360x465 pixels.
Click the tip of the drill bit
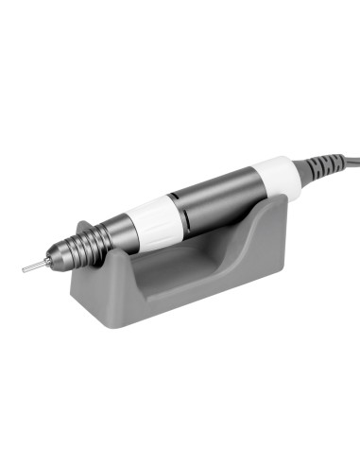pyautogui.click(x=24, y=270)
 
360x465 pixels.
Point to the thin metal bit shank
pyautogui.click(x=35, y=267)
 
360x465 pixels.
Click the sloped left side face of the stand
pyautogui.click(x=111, y=288)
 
